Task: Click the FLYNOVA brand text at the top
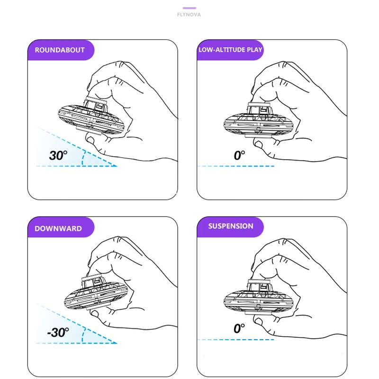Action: click(189, 15)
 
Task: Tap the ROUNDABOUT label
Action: click(60, 50)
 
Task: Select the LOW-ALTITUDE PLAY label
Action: click(230, 50)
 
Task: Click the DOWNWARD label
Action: click(58, 229)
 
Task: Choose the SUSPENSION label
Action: click(231, 226)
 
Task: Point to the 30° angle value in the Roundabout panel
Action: click(58, 155)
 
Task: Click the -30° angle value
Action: click(58, 333)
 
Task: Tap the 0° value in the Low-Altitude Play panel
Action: click(239, 155)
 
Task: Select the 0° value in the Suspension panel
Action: click(239, 328)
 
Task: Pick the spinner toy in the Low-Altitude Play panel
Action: click(259, 120)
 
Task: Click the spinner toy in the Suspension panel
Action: click(259, 298)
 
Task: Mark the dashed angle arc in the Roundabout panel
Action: click(83, 158)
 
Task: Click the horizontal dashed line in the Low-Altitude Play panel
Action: click(235, 166)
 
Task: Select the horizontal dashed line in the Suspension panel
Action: click(235, 340)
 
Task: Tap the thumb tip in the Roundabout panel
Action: click(90, 140)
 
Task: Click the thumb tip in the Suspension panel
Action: click(258, 321)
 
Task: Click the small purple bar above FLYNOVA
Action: click(189, 8)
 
